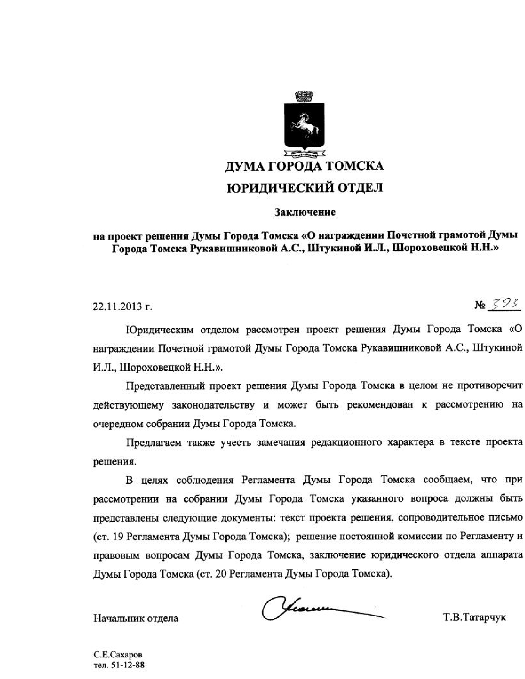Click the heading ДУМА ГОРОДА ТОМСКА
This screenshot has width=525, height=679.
tap(304, 166)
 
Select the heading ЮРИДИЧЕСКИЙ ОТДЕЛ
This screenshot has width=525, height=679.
tap(305, 188)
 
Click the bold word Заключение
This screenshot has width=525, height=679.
tap(305, 212)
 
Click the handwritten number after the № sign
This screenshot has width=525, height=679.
tap(504, 305)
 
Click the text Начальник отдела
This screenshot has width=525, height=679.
tap(136, 618)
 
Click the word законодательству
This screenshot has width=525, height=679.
tap(213, 405)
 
